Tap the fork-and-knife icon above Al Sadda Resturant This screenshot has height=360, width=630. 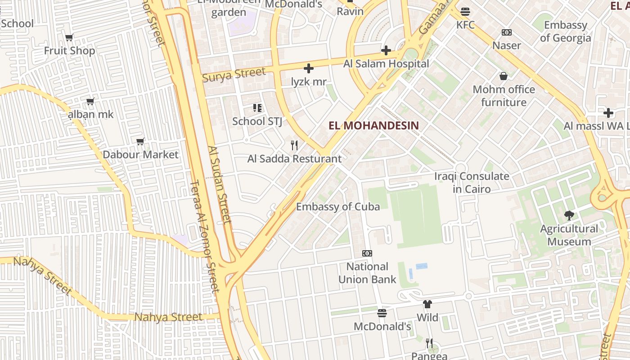click(294, 145)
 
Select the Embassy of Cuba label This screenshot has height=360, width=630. click(337, 207)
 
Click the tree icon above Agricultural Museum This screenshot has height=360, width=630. click(569, 216)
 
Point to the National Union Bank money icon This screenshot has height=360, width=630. click(367, 253)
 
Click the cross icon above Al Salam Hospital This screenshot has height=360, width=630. click(386, 50)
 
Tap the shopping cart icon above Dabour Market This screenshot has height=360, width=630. click(140, 142)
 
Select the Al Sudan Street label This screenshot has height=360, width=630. click(220, 184)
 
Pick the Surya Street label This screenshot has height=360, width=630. click(234, 75)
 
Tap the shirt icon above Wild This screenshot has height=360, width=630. click(427, 305)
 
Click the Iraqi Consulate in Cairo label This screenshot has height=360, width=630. click(472, 182)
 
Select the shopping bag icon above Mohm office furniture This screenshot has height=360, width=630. click(504, 76)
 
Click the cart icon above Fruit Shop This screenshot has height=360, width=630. click(69, 37)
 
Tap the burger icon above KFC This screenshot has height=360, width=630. click(465, 11)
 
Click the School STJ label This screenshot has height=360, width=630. click(257, 121)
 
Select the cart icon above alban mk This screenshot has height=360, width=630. click(90, 101)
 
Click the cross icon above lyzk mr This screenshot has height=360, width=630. click(308, 68)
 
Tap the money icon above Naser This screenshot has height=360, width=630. click(507, 32)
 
